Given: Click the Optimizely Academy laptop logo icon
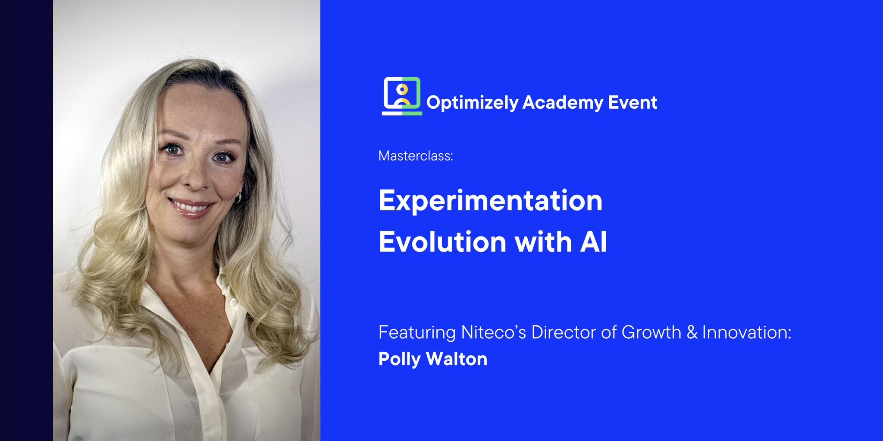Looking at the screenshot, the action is pos(402,96).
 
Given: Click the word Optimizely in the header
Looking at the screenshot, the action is pos(472,103).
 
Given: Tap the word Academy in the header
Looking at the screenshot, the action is pos(563,103).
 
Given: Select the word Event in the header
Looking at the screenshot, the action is pos(633,102).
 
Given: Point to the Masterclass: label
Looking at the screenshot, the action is pos(416,156).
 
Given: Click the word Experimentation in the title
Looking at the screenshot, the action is pos(491,202).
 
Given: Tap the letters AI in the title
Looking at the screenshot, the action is pos(593,242).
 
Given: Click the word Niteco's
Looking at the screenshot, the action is pos(494,332).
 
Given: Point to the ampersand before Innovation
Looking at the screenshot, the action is pos(692,332).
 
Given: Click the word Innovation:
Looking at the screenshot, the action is pos(747,332).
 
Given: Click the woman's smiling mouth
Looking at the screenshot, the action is pos(191,208).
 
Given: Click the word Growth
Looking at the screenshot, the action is pos(651,332).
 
